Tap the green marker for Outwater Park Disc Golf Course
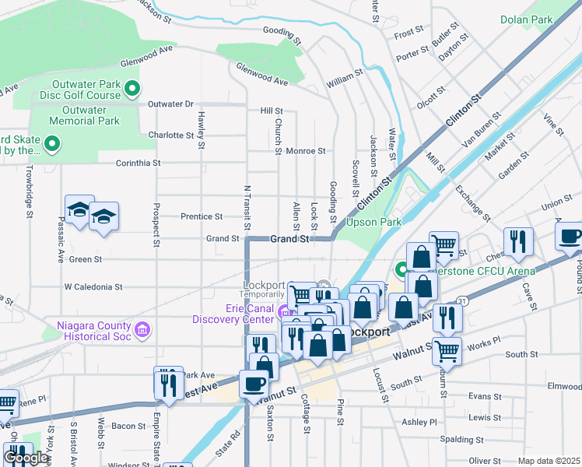(x=132, y=89)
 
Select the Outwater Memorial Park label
(x=84, y=115)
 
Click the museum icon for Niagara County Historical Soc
(x=142, y=331)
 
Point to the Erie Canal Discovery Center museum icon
(x=282, y=313)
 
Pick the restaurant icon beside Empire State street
(x=168, y=382)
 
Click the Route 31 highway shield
(x=462, y=300)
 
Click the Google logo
(x=26, y=458)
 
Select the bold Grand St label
(x=290, y=239)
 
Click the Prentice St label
(x=201, y=216)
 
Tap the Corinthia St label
(x=138, y=163)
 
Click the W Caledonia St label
(x=93, y=286)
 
